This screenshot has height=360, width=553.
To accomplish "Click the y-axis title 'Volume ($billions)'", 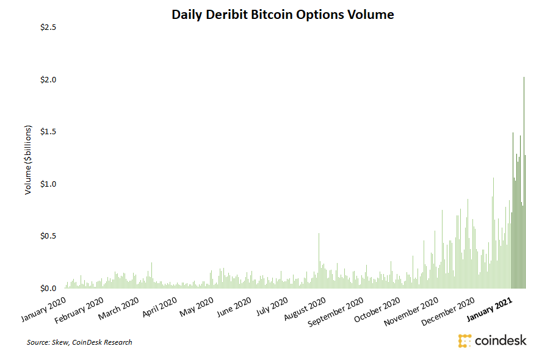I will [28, 160].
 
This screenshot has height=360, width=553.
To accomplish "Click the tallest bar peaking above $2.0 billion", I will [524, 183].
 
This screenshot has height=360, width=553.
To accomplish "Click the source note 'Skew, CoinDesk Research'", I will [79, 342].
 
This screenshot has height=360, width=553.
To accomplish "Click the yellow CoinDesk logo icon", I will [465, 340].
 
